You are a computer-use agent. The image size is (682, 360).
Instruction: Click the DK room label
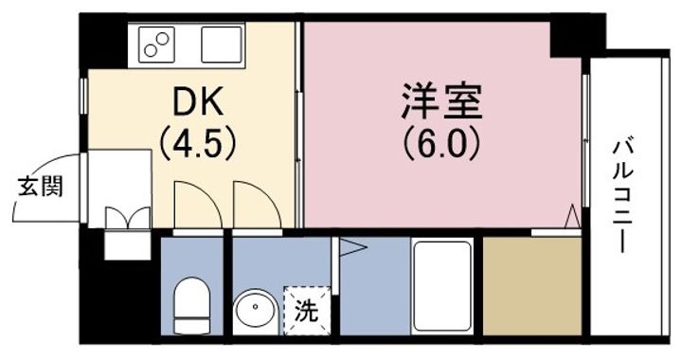tap(198, 101)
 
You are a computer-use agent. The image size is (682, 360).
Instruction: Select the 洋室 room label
tap(442, 101)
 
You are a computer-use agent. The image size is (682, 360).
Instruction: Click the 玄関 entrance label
tap(41, 187)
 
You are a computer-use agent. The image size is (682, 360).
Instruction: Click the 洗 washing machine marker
tap(307, 311)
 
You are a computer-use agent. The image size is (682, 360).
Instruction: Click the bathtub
tap(442, 286)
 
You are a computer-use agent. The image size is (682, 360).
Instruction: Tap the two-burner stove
tap(156, 45)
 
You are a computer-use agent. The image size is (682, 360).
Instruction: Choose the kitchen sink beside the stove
tap(222, 45)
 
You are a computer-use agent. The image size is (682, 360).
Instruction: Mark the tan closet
tap(532, 286)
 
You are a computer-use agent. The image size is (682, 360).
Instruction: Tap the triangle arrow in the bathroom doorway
tap(353, 248)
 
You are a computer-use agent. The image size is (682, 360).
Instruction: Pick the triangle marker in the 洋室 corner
tap(573, 215)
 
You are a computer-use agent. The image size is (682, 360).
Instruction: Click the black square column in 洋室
tap(565, 39)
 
